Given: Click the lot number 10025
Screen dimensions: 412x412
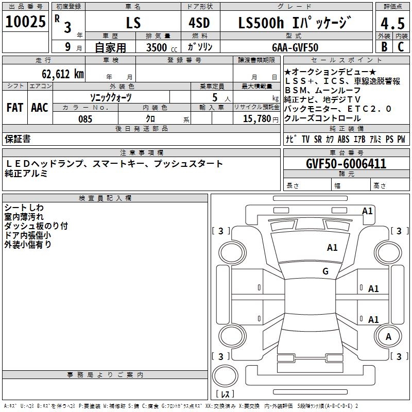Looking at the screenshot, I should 25,22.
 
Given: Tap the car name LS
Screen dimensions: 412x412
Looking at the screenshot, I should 133,23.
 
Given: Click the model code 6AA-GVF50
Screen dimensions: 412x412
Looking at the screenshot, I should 295,47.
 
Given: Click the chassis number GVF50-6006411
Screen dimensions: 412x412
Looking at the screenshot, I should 346,164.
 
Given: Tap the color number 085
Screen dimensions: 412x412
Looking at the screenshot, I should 85,119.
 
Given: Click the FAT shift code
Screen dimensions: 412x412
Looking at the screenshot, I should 14,108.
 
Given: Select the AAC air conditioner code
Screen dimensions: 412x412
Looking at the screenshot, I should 39,108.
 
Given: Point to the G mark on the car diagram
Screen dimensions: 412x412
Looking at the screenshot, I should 325,271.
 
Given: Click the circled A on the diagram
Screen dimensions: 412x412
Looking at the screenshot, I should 389,337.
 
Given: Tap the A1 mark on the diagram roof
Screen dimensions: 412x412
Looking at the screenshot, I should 332,248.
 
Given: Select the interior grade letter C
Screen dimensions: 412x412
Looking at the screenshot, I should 401,47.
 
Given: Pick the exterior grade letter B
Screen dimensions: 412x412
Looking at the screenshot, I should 384,47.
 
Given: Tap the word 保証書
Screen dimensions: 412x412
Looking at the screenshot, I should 18,139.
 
